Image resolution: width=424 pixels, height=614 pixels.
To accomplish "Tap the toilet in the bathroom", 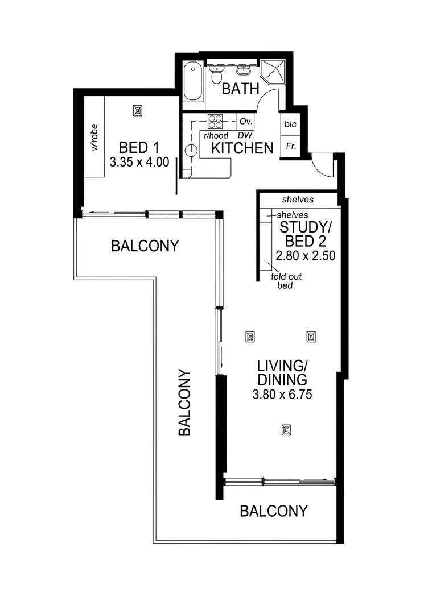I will point(216,74).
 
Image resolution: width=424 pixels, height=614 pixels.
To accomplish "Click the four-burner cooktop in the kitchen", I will point(216,122).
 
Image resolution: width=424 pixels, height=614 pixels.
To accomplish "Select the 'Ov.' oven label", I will point(245,122).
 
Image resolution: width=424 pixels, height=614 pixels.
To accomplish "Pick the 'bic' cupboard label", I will point(290,125).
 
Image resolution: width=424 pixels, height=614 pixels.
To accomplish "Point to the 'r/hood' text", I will point(215,136).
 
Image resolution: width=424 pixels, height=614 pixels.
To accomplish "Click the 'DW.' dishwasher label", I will point(246,136).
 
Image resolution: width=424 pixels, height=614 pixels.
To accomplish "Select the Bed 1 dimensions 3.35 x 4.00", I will point(139,162).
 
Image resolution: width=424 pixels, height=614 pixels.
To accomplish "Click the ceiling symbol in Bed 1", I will point(137,110).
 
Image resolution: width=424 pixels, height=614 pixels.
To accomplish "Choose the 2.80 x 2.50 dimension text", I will point(304,256).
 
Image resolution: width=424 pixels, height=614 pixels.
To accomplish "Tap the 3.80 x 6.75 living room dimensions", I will point(282,393).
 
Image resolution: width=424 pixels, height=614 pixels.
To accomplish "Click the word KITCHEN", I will point(242,148).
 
